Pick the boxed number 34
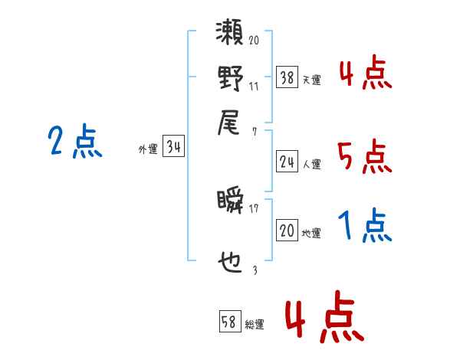coord(173,148)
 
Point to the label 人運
coord(312,163)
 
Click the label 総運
coord(255,324)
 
